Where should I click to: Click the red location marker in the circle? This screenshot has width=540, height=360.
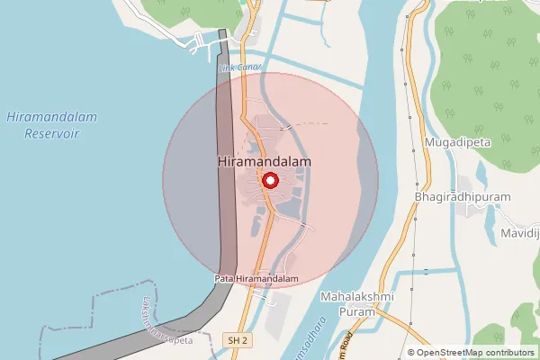[269, 181]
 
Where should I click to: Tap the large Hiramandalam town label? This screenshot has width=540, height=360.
[265, 161]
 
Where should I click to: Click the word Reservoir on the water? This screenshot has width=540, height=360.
[52, 132]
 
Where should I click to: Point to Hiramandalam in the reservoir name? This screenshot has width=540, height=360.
[51, 117]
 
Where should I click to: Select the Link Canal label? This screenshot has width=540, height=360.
[240, 67]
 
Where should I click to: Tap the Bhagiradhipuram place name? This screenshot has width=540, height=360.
[463, 196]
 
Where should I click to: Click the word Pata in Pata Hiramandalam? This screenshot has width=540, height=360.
[224, 279]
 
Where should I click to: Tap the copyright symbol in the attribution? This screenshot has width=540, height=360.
[411, 352]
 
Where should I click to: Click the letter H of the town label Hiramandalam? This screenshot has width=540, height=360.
[222, 161]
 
